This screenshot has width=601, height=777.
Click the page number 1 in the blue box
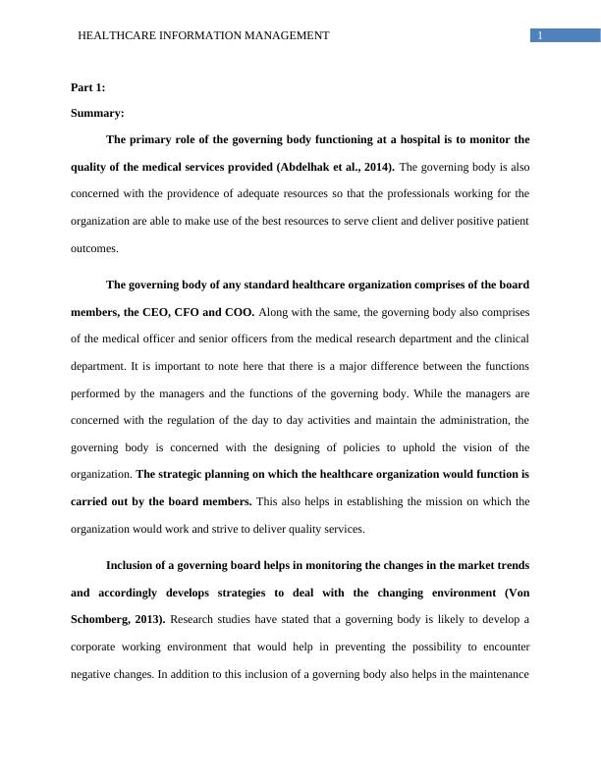[540, 35]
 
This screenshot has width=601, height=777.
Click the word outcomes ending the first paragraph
[94, 248]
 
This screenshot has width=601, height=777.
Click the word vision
[462, 447]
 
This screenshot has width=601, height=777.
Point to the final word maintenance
[497, 674]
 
